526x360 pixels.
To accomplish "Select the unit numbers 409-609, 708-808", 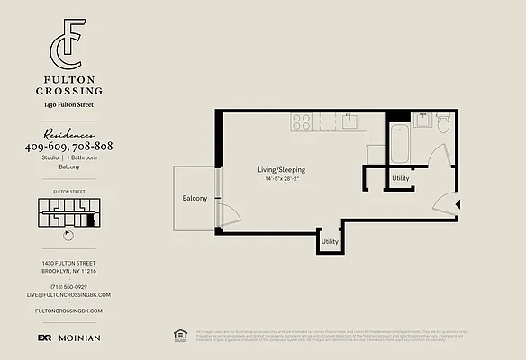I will click(x=68, y=146).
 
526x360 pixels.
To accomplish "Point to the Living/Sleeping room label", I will click(x=282, y=170).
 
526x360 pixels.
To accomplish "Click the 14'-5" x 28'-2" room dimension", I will click(x=282, y=179).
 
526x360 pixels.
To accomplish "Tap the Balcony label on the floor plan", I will click(x=195, y=198).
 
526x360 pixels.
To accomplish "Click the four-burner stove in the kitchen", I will click(x=301, y=121).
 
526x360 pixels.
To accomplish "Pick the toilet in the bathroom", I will click(x=442, y=122).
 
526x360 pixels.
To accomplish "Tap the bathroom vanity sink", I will click(x=420, y=120).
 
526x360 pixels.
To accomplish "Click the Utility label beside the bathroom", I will click(x=401, y=178).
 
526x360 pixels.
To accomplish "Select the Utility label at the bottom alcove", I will click(x=331, y=241).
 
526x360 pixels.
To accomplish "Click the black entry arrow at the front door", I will click(x=458, y=205).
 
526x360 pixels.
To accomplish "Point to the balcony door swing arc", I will click(x=231, y=214).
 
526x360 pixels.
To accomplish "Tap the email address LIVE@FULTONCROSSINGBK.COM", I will click(x=68, y=294).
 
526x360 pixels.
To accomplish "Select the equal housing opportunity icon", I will click(x=178, y=335).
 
